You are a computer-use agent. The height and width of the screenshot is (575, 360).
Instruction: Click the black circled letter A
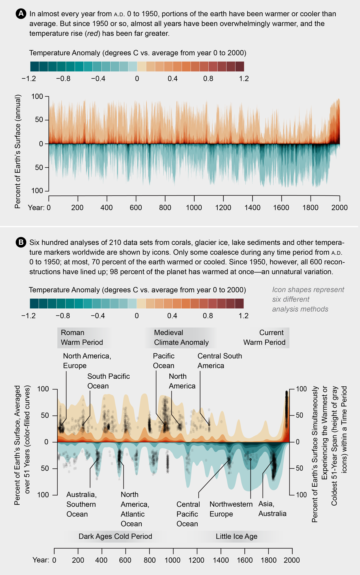pos(21,14)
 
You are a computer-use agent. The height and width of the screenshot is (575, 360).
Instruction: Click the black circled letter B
pos(21,243)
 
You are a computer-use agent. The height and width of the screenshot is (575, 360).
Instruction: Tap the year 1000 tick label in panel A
pos(194,208)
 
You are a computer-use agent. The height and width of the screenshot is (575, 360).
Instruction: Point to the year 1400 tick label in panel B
pos(221,560)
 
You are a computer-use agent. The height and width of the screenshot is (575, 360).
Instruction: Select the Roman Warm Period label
pos(82,337)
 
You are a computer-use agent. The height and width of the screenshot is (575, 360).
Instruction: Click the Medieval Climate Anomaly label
pos(181,337)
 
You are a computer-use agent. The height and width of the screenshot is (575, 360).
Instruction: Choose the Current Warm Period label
pos(264,337)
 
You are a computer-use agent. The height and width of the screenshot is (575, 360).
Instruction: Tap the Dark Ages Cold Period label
pos(115,536)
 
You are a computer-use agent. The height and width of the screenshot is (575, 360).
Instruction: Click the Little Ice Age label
pos(236,536)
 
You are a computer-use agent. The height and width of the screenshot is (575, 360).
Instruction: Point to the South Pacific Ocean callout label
pos(109,381)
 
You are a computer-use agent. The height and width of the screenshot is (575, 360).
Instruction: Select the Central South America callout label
pos(220,361)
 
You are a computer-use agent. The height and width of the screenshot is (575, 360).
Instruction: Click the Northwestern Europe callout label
pos(231,509)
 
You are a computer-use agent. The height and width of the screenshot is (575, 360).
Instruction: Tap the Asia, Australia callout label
pos(272,509)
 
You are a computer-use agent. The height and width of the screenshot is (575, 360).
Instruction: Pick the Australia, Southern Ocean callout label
pos(81,504)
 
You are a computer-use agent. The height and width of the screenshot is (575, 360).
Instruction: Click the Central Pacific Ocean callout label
pos(188,514)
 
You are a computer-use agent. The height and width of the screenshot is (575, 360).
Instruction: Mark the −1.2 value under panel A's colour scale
pos(29,79)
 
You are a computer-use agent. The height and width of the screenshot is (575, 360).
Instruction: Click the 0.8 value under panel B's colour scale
pos(208,316)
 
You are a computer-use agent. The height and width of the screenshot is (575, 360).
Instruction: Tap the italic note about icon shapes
pos(308,299)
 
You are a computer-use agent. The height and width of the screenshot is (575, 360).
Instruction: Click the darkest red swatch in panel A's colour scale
pos(239,66)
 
